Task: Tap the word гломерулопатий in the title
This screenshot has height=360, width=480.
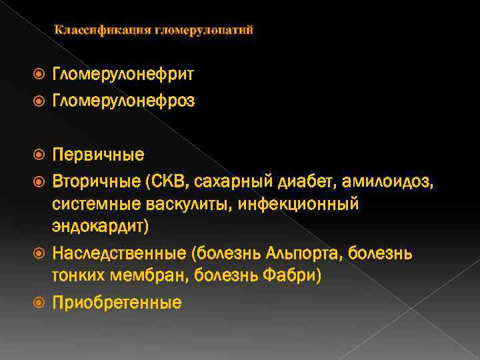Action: click(204, 30)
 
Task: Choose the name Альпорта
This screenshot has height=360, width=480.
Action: click(300, 253)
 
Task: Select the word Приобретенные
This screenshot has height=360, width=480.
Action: click(117, 303)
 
